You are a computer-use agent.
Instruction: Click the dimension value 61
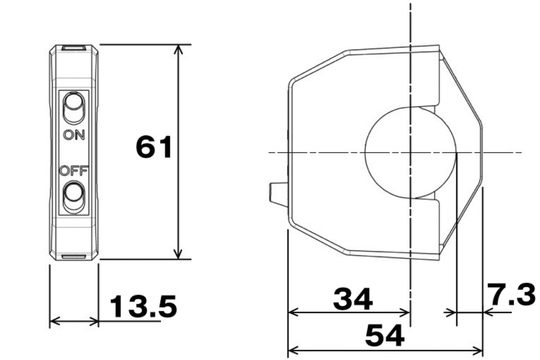154,147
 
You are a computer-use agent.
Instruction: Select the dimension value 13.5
143,306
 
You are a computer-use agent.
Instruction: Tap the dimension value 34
352,299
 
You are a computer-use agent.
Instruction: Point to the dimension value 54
384,335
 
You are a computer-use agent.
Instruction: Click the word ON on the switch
74,135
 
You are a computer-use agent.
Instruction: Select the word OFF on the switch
73,171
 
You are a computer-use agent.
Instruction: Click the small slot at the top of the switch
73,48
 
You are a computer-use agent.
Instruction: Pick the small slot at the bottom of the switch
73,257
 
